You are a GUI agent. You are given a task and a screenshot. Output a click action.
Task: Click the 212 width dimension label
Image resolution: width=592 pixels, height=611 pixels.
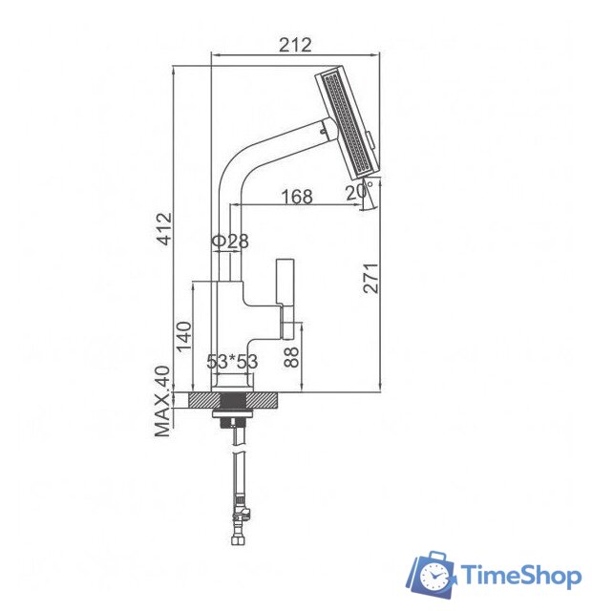(294, 45)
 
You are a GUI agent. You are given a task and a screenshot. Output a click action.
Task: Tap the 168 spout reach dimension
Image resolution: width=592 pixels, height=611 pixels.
(297, 197)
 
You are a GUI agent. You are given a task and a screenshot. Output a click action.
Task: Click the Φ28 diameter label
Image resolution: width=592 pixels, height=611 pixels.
(230, 242)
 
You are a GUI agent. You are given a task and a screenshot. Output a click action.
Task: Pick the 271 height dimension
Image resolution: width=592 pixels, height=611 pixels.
(372, 277)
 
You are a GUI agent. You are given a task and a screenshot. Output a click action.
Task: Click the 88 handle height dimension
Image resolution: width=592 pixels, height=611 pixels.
(292, 357)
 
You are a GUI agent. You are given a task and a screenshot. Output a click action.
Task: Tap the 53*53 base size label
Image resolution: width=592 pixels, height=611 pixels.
(233, 362)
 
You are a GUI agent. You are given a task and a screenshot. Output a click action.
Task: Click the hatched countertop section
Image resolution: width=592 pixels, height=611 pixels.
(233, 400)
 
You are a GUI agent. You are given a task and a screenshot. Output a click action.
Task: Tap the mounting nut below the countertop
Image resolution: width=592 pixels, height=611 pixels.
(233, 419)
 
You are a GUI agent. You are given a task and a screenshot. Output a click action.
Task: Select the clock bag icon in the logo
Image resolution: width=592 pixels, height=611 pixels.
(433, 574)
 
